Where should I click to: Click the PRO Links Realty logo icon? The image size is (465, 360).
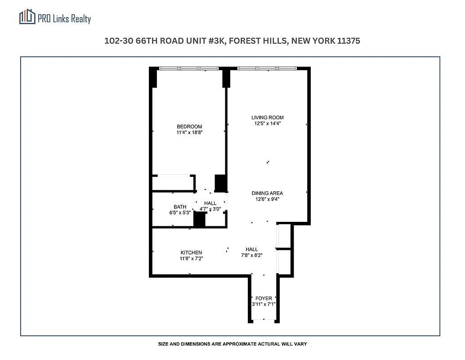coord(27,17)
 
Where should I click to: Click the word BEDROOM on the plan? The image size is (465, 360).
coord(189,126)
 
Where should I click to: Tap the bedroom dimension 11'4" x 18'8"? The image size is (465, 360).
coord(189,133)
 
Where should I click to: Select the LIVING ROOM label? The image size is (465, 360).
coord(268,117)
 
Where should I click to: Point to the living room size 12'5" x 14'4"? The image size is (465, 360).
coord(268,123)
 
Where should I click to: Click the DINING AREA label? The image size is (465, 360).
coord(267,193)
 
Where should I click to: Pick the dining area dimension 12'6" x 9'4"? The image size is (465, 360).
coord(267,199)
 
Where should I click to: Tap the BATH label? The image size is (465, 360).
coord(180,207)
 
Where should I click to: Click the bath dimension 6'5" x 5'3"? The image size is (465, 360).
coord(179,213)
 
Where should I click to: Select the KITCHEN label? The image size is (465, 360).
coord(191,252)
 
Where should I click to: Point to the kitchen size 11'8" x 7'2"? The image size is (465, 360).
coord(191,259)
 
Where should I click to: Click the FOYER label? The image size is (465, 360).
coord(264,298)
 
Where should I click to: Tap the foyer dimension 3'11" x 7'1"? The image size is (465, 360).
coord(264,305)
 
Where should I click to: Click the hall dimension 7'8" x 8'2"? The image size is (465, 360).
coord(252,255)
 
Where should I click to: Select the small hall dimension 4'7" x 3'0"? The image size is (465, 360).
coord(210,209)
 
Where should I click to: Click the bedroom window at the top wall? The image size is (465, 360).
coord(189,68)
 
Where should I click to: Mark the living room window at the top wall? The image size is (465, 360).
coord(267,68)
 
